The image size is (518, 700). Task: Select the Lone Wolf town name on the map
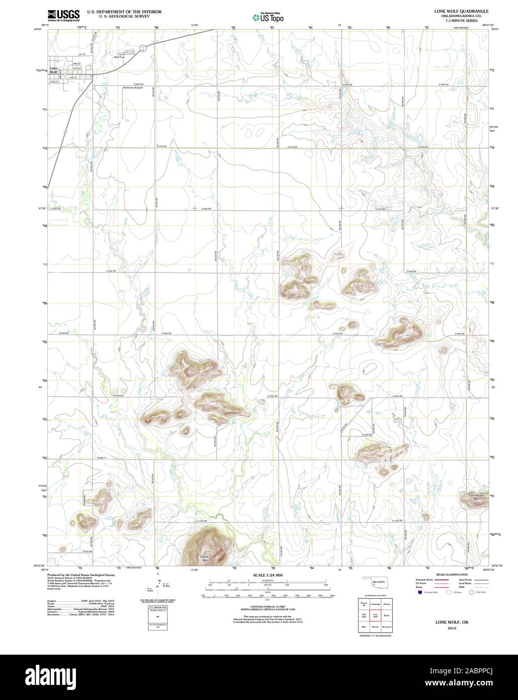point(54,70)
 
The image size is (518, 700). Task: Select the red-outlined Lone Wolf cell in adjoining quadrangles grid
point(375,615)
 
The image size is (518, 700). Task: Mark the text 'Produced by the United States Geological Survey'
point(81,575)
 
